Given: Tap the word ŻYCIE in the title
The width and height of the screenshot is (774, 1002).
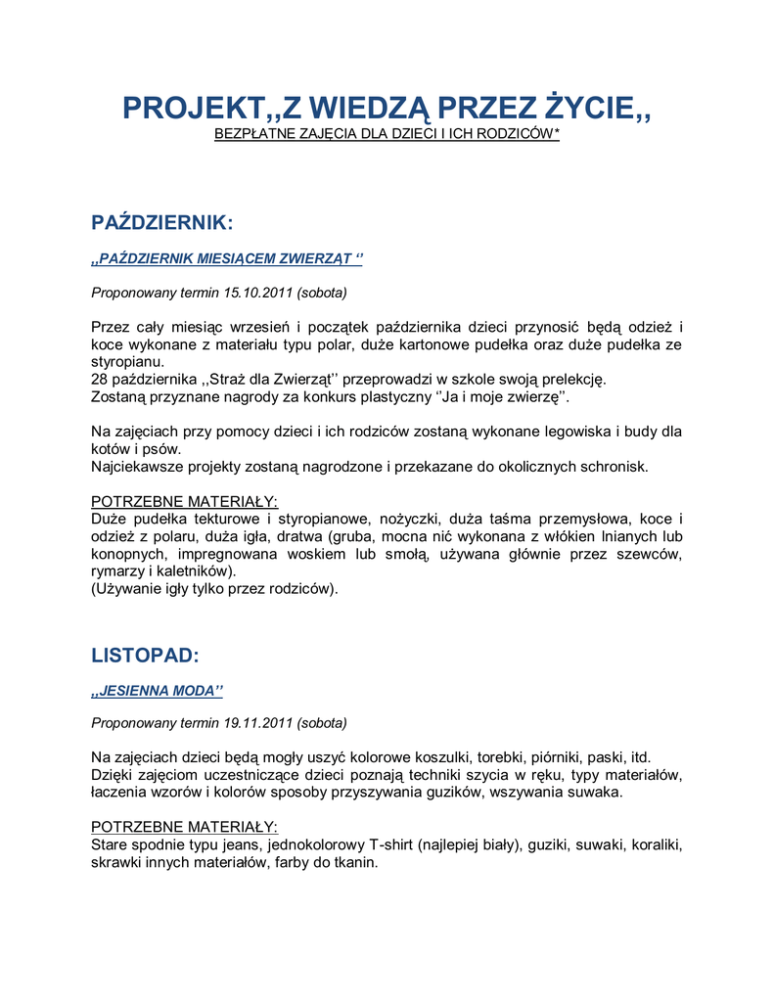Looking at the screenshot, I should pyautogui.click(x=592, y=108).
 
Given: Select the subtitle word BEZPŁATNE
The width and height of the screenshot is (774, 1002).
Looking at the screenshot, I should pyautogui.click(x=255, y=133).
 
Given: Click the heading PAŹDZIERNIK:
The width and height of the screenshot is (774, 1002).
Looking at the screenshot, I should pyautogui.click(x=161, y=222).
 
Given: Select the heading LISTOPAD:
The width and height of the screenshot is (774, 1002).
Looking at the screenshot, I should pyautogui.click(x=145, y=655).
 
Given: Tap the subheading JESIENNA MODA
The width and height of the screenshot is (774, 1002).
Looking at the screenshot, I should pyautogui.click(x=157, y=691).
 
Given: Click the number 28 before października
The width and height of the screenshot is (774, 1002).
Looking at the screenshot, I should pyautogui.click(x=100, y=380).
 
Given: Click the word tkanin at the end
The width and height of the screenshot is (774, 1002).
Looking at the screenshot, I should pyautogui.click(x=354, y=862).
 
